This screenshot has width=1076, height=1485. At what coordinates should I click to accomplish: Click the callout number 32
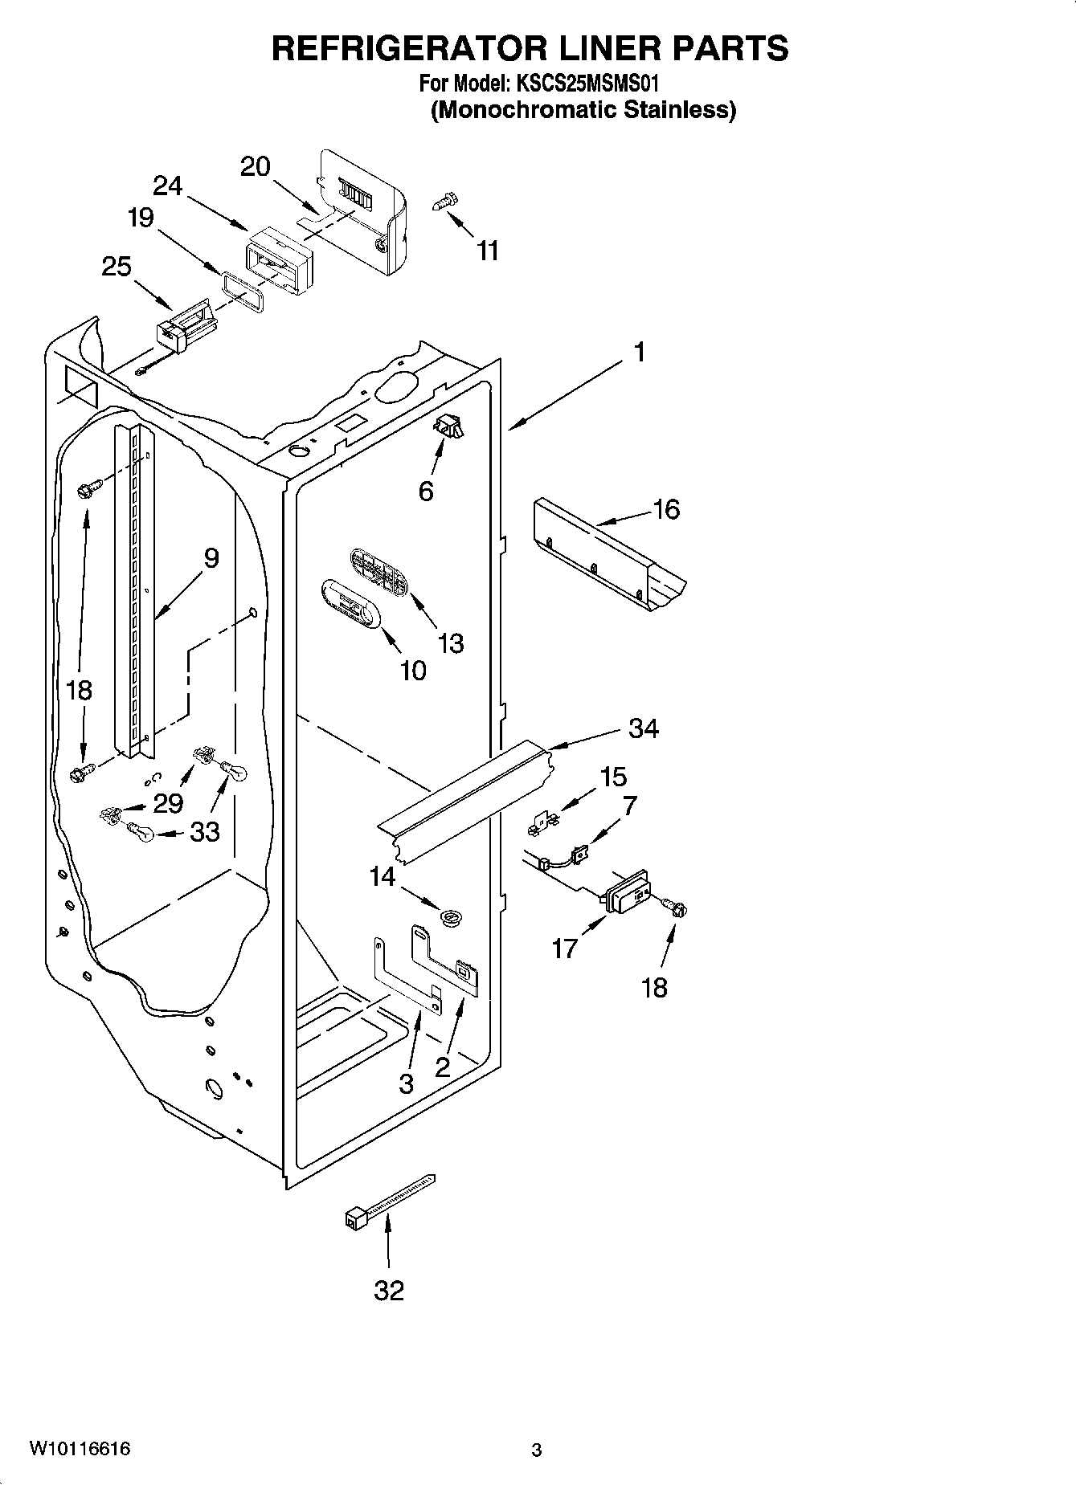[x=389, y=1291]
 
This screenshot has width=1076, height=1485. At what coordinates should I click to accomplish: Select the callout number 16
[x=667, y=509]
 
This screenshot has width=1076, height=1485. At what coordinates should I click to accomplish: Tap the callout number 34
[x=643, y=728]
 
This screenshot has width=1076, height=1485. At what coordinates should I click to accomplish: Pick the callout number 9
[x=211, y=557]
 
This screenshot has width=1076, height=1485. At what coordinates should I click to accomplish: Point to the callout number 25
[x=117, y=266]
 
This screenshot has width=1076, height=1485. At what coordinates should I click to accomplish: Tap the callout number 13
[x=451, y=643]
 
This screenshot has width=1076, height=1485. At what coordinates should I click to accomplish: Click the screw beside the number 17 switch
[x=677, y=908]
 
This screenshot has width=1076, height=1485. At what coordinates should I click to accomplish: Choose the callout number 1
[x=640, y=352]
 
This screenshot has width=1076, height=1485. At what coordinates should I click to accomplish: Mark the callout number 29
[x=168, y=802]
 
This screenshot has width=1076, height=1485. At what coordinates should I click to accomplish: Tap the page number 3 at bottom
[x=537, y=1450]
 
